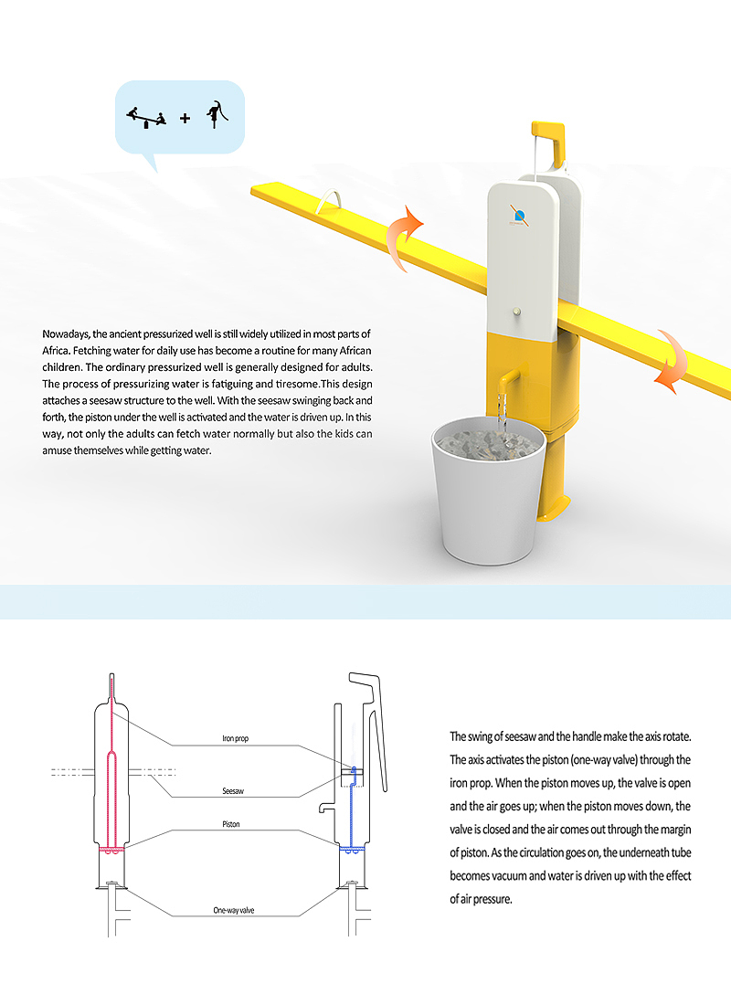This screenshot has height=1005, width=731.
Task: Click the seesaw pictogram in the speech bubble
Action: (146, 117)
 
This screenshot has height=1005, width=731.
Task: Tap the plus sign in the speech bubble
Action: (185, 118)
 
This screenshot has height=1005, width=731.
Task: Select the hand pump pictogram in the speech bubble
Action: (217, 114)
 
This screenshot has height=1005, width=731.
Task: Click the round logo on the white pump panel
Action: (518, 216)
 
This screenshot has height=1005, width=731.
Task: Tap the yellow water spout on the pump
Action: (505, 376)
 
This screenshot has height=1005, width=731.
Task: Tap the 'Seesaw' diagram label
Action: (232, 791)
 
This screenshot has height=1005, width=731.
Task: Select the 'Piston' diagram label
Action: (231, 824)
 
